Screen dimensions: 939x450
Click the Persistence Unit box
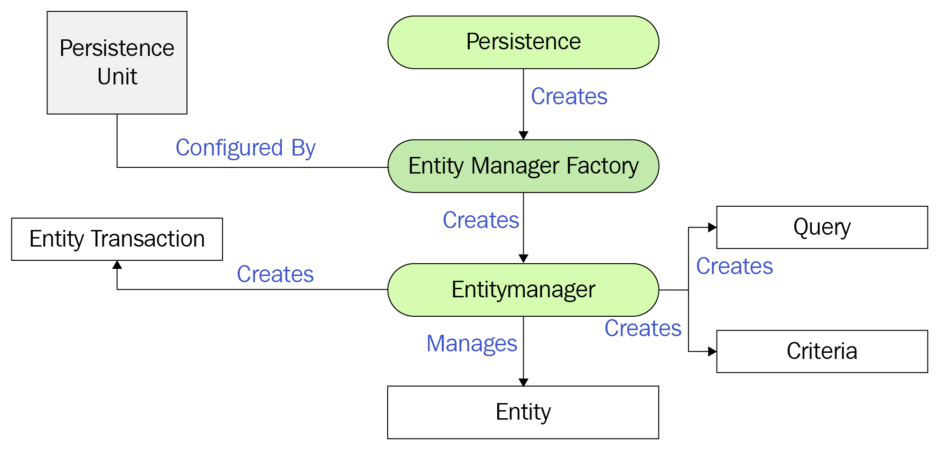117,63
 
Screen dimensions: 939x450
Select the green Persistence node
523,42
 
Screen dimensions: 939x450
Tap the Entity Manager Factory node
523,166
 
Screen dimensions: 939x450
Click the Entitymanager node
523,290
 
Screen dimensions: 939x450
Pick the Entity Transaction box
117,239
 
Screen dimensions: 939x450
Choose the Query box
822,227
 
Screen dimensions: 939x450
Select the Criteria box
822,351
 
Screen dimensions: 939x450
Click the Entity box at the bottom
523,412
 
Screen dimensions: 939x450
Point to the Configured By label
245,148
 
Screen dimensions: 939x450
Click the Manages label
472,343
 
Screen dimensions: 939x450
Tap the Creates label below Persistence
569,96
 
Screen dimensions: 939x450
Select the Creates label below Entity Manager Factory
481,220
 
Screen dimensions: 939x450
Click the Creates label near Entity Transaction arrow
275,274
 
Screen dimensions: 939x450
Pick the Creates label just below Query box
734,266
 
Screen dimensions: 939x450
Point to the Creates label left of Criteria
643,328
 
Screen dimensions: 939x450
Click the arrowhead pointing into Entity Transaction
117,265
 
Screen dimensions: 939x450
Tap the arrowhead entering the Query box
712,227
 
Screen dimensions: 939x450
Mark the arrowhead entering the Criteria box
712,351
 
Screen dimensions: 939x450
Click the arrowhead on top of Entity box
523,382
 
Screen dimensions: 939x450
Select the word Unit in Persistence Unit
117,76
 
